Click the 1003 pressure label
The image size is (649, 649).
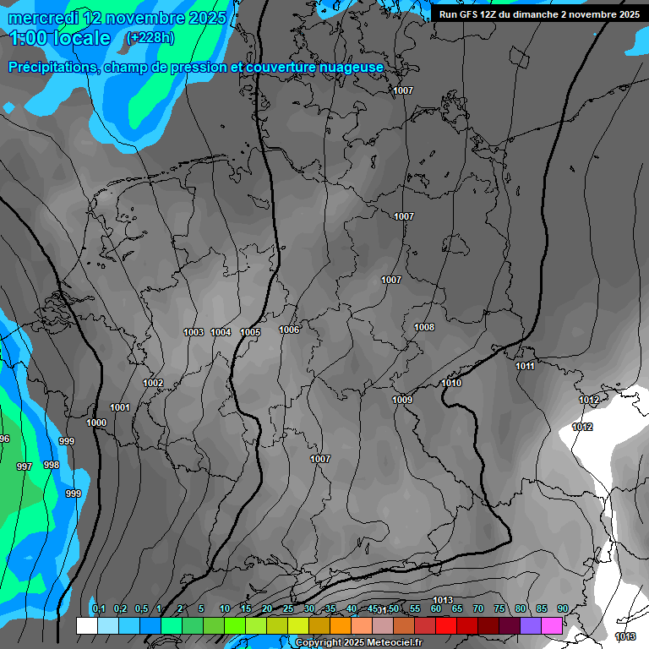tap(194, 332)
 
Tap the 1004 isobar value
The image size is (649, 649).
tap(221, 332)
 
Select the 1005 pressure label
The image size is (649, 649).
tap(250, 333)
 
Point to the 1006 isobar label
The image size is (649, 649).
tap(289, 330)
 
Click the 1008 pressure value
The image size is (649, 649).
tap(424, 327)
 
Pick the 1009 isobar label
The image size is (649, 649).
tap(402, 400)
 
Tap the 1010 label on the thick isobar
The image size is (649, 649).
tap(451, 383)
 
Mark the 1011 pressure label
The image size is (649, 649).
tap(525, 366)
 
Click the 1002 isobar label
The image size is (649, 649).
tap(153, 383)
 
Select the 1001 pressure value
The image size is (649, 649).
tap(120, 407)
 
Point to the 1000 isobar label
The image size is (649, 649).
tap(96, 423)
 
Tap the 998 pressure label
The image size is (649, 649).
tap(52, 465)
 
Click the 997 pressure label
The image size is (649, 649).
tap(25, 466)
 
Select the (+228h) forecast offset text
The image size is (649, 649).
tap(150, 37)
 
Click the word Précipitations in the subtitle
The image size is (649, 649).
tap(53, 68)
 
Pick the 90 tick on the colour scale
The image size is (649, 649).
tap(562, 608)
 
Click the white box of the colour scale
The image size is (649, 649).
tap(86, 625)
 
